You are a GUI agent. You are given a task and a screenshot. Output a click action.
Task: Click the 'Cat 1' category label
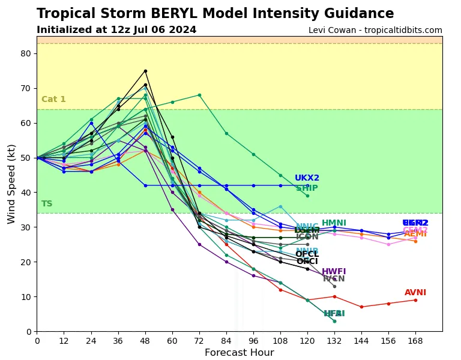coord(53,100)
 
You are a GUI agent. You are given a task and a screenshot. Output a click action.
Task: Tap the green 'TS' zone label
coord(47,204)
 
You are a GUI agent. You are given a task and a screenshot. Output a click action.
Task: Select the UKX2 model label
coord(307,178)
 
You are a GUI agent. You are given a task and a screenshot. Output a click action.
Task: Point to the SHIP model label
coord(307,188)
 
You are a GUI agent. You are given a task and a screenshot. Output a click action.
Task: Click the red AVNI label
coord(415,293)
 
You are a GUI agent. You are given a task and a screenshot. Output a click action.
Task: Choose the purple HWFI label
coord(334,272)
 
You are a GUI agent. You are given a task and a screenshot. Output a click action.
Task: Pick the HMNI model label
coord(334,223)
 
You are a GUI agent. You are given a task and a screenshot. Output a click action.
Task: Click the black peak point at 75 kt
coord(145,71)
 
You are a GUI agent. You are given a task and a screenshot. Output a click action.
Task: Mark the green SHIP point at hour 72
coord(199,95)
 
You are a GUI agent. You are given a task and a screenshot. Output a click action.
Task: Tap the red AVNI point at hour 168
coord(415,300)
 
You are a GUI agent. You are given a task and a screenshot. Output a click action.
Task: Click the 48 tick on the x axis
coord(145,341)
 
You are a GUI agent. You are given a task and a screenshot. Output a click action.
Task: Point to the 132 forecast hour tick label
coord(334,341)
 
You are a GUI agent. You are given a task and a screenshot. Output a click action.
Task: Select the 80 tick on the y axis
coord(25,53)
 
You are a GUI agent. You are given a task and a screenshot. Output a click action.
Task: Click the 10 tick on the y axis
coord(25,297)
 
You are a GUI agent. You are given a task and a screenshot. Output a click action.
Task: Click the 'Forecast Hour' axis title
coord(239,353)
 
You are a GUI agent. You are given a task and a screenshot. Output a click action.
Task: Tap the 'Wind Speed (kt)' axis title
coord(12,184)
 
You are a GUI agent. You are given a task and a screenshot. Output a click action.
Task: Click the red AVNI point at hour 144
coord(361,307)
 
